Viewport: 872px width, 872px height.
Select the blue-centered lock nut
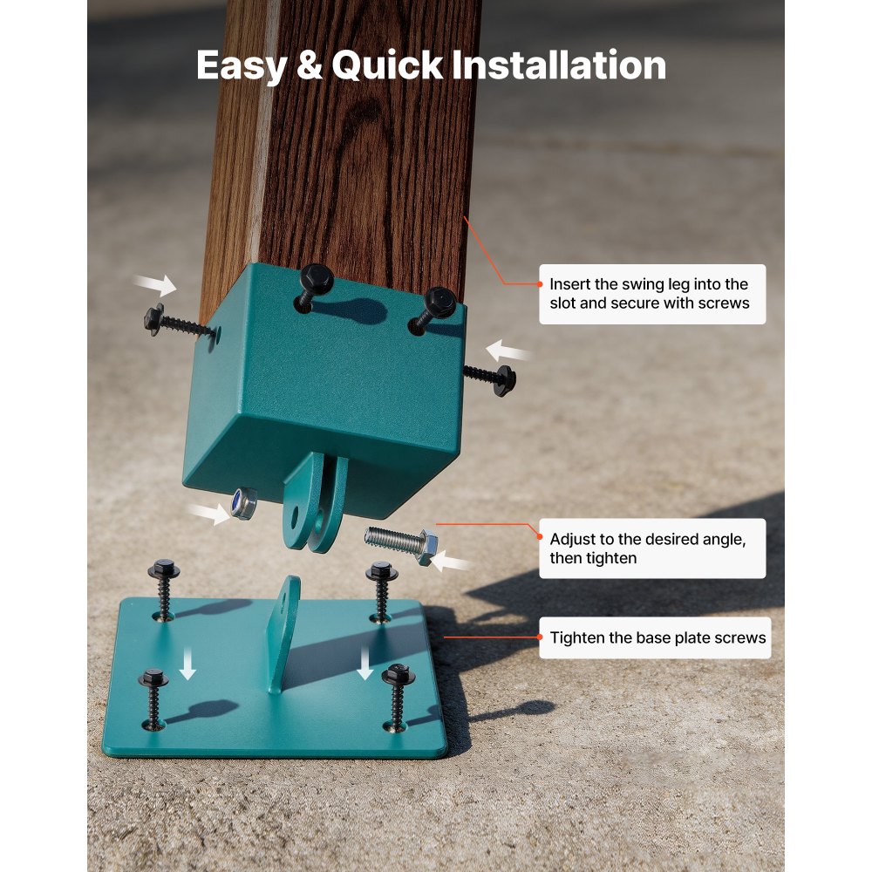coord(243,502)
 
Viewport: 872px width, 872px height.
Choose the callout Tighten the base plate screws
coord(655,638)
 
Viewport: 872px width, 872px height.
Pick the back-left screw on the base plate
coord(164,588)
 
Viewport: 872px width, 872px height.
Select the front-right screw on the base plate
coord(398,695)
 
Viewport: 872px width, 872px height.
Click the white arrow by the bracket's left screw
coord(155,283)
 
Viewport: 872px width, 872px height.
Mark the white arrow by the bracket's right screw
coord(508,352)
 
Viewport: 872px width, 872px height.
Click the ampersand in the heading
coord(310,66)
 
